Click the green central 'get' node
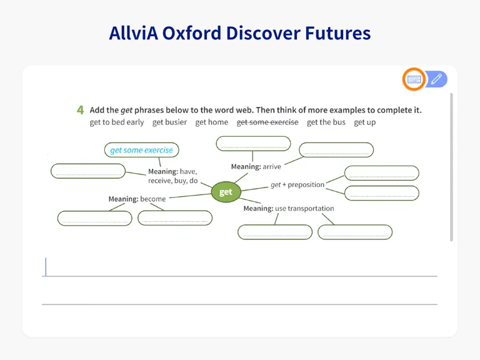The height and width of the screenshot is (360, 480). (x=226, y=192)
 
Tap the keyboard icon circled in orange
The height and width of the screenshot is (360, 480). (x=414, y=79)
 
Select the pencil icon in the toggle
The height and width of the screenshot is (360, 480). (x=436, y=79)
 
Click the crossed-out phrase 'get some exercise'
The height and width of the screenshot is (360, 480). (x=267, y=122)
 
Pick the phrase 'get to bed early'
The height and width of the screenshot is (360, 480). (x=117, y=122)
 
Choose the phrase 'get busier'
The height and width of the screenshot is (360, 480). (x=169, y=122)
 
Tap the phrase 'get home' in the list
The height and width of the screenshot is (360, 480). (x=211, y=122)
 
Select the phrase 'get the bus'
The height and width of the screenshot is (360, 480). (x=326, y=122)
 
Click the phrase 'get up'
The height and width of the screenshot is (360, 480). (x=364, y=122)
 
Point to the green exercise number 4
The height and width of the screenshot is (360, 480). (x=80, y=110)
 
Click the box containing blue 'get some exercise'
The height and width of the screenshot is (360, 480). (x=141, y=150)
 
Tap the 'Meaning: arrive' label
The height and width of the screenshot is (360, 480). (x=256, y=166)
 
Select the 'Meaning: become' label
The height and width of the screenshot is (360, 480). (x=137, y=199)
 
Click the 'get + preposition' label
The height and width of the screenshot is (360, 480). (x=297, y=184)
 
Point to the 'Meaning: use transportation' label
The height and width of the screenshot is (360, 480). (x=289, y=209)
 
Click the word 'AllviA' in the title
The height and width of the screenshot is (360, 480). (x=134, y=33)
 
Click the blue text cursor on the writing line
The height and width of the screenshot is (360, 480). (x=46, y=267)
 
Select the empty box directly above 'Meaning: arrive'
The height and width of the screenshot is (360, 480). (x=253, y=144)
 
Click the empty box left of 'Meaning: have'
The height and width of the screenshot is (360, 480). (x=88, y=171)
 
